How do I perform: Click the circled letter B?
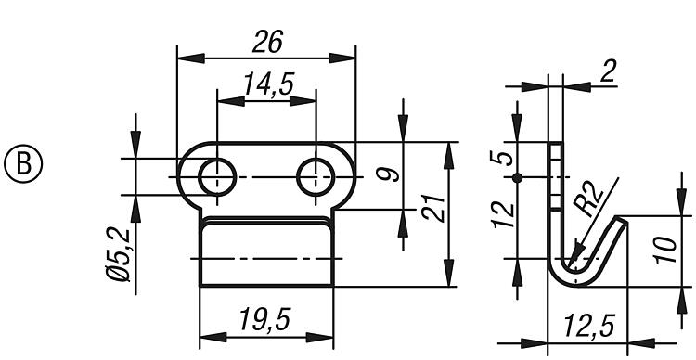[x=23, y=163]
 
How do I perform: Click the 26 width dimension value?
[x=267, y=43]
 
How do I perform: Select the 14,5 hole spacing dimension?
[x=268, y=84]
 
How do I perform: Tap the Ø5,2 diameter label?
[x=119, y=254]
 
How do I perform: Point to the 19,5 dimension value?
[x=264, y=319]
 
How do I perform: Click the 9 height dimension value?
[x=388, y=174]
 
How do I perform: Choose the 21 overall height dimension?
[x=433, y=207]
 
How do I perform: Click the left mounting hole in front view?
[x=217, y=177]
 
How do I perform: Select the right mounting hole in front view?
[x=316, y=177]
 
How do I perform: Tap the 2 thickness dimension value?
[x=608, y=72]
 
